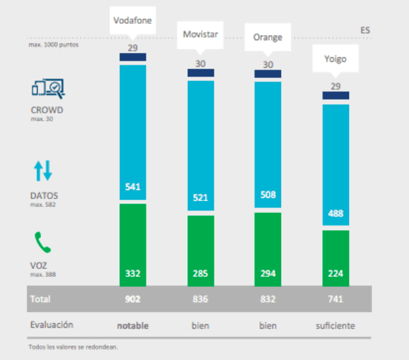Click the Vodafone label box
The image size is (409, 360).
click(133, 20)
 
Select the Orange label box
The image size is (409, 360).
click(267, 37)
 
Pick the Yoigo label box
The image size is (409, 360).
click(335, 59)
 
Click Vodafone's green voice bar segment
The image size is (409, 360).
click(133, 244)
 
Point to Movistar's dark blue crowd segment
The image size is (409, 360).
click(201, 73)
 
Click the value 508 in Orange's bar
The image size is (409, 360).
click(268, 195)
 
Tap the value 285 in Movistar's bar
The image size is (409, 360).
click(201, 273)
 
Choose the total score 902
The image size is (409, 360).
click(133, 299)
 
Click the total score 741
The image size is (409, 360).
click(335, 299)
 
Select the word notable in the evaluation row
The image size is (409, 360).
click(133, 325)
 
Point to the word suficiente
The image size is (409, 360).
click(335, 325)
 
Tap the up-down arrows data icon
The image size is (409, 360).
click(43, 171)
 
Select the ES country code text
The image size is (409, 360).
click(365, 30)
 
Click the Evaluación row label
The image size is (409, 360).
click(51, 324)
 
